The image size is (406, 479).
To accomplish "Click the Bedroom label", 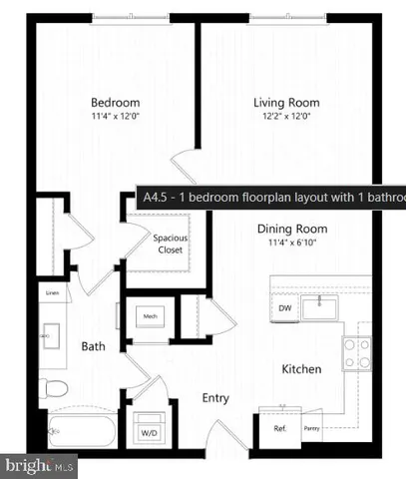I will click(x=115, y=103).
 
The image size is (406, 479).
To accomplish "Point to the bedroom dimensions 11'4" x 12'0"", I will click(x=115, y=117).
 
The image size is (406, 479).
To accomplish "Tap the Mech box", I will click(x=152, y=317).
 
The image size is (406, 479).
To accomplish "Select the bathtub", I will click(x=81, y=429).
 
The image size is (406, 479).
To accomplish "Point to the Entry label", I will click(x=214, y=398).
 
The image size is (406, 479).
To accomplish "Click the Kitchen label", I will click(x=300, y=369).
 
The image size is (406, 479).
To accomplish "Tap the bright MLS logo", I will click(x=39, y=464).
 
